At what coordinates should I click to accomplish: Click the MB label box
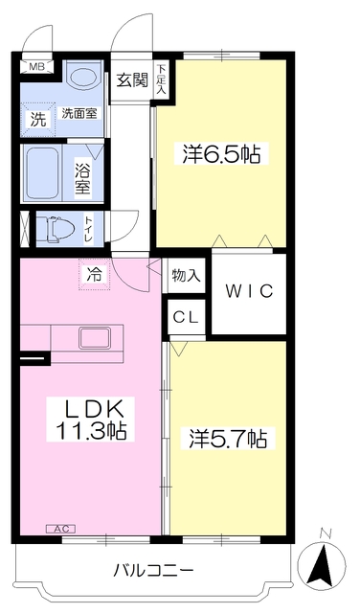(x=36, y=67)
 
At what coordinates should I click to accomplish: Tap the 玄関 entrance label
(x=132, y=80)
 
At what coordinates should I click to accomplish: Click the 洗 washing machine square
(x=37, y=120)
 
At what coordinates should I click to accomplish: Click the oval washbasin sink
(x=83, y=79)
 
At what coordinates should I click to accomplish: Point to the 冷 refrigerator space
(x=94, y=275)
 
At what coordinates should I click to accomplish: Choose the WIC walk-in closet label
(x=249, y=290)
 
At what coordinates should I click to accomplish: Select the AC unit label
(x=59, y=528)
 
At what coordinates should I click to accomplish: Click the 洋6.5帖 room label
(x=220, y=153)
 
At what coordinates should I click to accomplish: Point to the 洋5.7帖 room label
(x=227, y=440)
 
